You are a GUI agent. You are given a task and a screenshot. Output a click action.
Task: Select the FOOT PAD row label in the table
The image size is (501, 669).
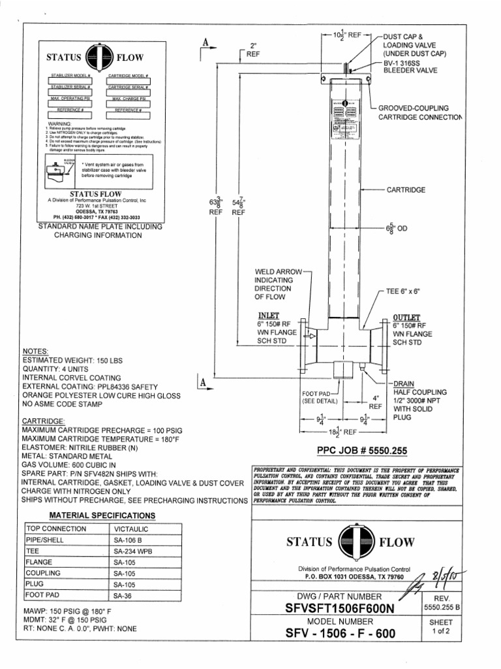(42, 595)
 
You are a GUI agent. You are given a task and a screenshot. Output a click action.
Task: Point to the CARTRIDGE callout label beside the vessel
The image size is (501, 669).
(406, 189)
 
